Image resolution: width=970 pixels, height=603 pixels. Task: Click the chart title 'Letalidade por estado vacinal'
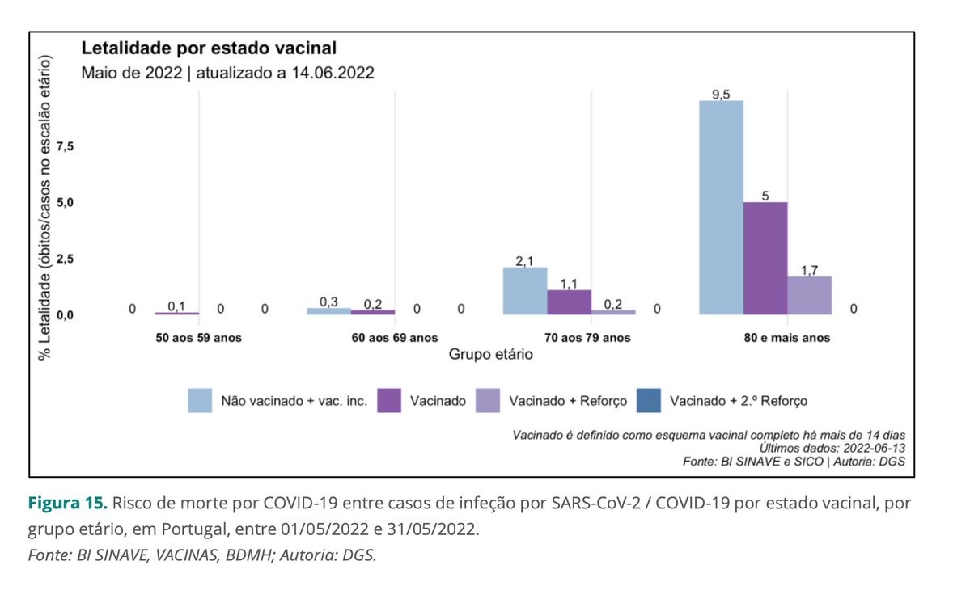click(x=208, y=48)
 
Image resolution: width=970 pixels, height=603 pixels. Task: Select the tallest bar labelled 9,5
click(x=721, y=207)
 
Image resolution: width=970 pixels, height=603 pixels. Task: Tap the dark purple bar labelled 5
click(x=765, y=258)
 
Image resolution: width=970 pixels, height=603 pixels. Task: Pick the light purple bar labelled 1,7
click(x=809, y=295)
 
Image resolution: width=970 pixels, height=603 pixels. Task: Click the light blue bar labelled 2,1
click(x=525, y=290)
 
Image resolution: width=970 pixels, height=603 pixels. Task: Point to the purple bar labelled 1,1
click(x=569, y=301)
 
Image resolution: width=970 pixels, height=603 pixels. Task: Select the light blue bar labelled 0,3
click(x=328, y=311)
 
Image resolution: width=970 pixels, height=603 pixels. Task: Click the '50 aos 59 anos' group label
click(x=198, y=337)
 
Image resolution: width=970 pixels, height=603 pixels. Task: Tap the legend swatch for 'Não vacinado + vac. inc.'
click(x=201, y=400)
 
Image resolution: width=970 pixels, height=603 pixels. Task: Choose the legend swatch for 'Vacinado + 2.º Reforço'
click(x=650, y=400)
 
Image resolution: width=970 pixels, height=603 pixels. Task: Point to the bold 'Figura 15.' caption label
click(x=68, y=503)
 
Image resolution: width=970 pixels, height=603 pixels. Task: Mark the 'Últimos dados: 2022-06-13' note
click(x=832, y=448)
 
